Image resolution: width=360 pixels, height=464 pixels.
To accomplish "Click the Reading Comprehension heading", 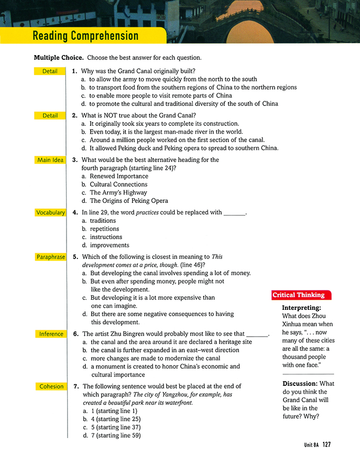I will (x=85, y=36).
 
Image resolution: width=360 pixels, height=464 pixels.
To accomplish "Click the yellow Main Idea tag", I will (x=50, y=160).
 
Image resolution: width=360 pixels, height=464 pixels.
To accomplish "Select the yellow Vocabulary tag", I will (x=50, y=212).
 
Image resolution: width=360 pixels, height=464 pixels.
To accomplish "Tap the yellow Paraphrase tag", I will (x=50, y=257).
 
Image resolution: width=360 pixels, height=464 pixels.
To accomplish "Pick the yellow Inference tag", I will (x=50, y=334).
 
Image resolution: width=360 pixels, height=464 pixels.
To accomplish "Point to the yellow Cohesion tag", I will (x=50, y=386).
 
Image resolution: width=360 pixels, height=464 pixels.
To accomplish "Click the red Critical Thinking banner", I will (x=298, y=295).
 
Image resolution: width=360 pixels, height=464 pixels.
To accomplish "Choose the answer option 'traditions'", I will (x=103, y=221).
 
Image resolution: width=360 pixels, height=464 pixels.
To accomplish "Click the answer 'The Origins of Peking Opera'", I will (x=129, y=201).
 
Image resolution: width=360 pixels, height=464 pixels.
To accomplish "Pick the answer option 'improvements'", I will (x=110, y=245).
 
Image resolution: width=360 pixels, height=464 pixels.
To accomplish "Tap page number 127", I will (x=327, y=445).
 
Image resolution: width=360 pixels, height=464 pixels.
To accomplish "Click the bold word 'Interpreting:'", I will (x=301, y=308).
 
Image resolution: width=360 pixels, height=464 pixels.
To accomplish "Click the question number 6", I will (x=75, y=334).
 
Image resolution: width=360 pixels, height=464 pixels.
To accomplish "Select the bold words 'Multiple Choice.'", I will (x=59, y=57).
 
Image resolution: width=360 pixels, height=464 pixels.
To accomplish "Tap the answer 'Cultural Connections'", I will (x=118, y=185).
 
